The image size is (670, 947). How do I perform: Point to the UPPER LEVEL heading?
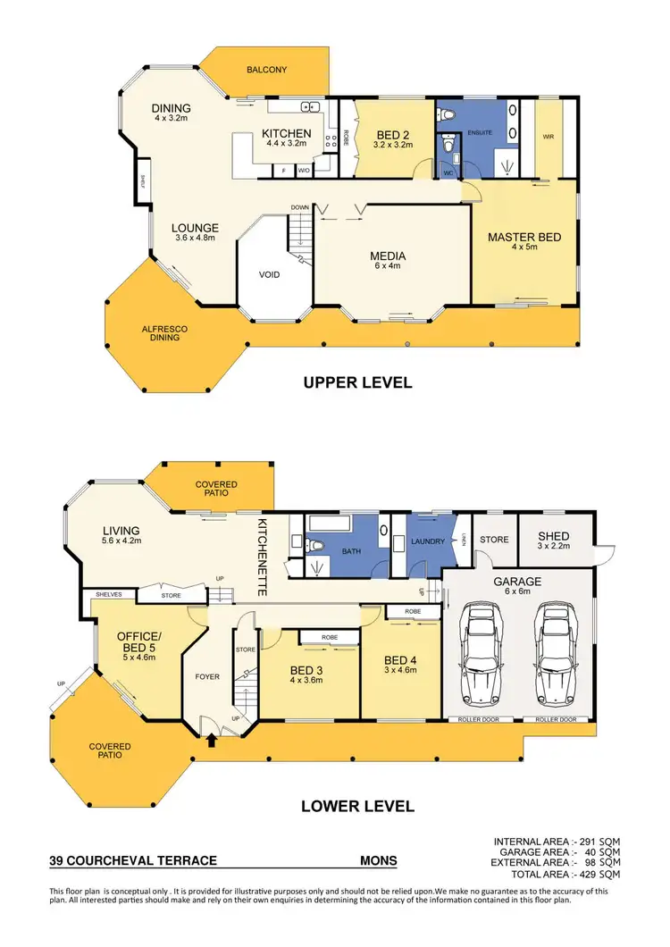pyautogui.click(x=357, y=382)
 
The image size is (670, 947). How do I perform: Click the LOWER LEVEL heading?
pyautogui.click(x=357, y=806)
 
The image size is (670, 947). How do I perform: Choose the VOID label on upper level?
pyautogui.click(x=270, y=274)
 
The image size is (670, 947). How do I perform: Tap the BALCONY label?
pyautogui.click(x=266, y=69)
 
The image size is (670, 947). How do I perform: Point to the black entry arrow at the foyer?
pyautogui.click(x=212, y=740)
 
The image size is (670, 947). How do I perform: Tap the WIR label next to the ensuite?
pyautogui.click(x=549, y=137)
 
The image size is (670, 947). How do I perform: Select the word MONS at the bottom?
pyautogui.click(x=378, y=861)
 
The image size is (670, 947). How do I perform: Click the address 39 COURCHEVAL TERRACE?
pyautogui.click(x=133, y=861)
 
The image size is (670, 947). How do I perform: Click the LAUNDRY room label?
pyautogui.click(x=427, y=541)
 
